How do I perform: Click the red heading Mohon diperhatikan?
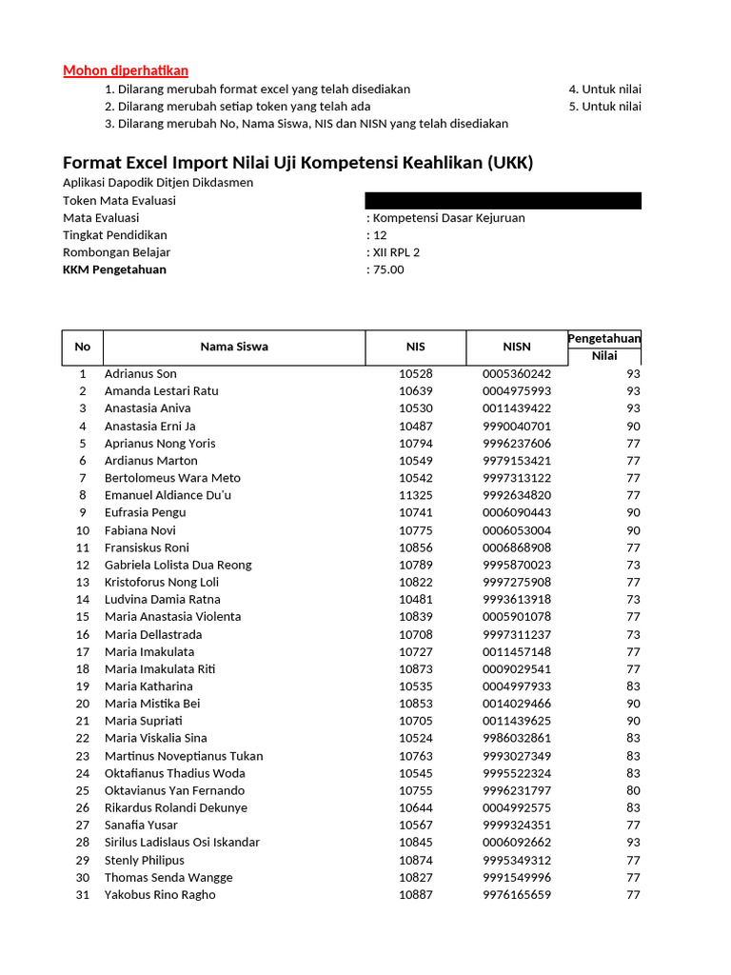click(126, 70)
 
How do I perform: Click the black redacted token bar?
click(503, 200)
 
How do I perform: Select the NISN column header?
click(517, 347)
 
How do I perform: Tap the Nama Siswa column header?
click(234, 347)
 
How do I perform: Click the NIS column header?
click(415, 347)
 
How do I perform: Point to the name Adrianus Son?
click(141, 374)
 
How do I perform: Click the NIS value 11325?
click(415, 495)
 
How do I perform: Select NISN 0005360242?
click(517, 374)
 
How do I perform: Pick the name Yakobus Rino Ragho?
click(160, 895)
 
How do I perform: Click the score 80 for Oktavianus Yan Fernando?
click(633, 790)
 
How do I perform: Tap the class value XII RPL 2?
click(396, 252)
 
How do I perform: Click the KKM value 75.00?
click(388, 269)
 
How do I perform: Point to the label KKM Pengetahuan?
click(114, 269)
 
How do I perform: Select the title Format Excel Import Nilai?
click(297, 163)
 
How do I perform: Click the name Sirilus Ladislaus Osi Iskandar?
click(182, 843)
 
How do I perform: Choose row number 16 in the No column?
click(83, 634)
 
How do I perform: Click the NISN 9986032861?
click(517, 738)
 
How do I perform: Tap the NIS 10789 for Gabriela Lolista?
click(415, 565)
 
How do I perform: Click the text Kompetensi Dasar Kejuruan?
click(448, 218)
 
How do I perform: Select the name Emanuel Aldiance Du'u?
click(168, 495)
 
